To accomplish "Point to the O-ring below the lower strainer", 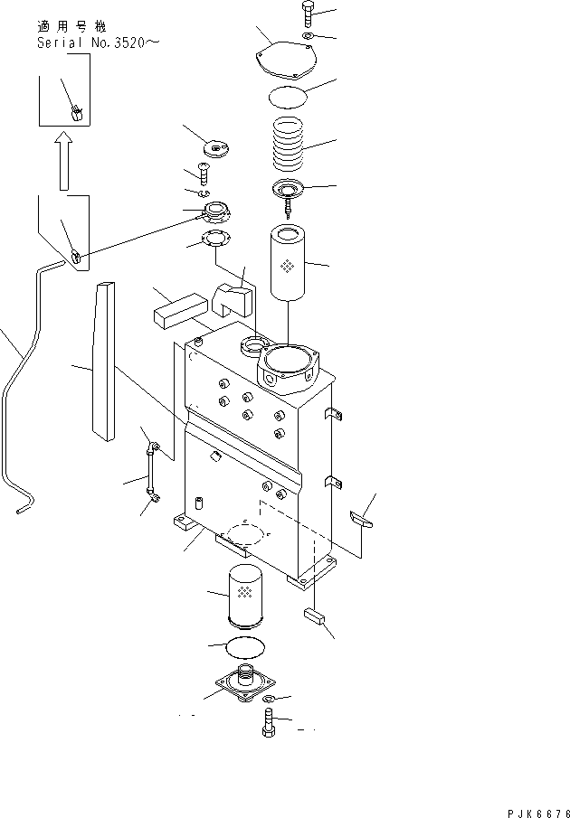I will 244,648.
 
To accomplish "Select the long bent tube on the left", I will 23,389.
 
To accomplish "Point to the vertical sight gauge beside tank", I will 150,470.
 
